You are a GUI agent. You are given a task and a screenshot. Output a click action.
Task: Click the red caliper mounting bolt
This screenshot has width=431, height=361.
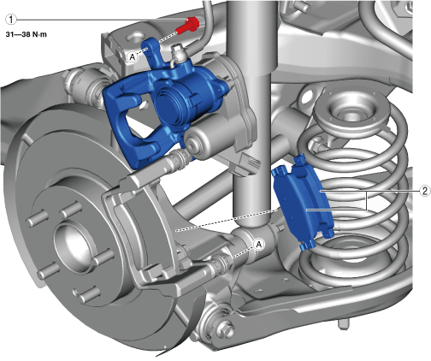188,26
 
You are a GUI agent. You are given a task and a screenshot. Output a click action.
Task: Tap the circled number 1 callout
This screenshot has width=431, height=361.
11,20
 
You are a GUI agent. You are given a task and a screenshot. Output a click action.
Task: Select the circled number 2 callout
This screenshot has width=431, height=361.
425,191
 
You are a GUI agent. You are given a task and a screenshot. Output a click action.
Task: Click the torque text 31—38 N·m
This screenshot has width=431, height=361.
27,34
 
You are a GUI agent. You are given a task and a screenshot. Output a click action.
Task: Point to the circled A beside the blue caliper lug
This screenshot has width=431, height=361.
133,57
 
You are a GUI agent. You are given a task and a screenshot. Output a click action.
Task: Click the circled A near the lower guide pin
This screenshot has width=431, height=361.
259,245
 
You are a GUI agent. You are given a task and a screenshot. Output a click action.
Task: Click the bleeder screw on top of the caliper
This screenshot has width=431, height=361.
177,53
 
